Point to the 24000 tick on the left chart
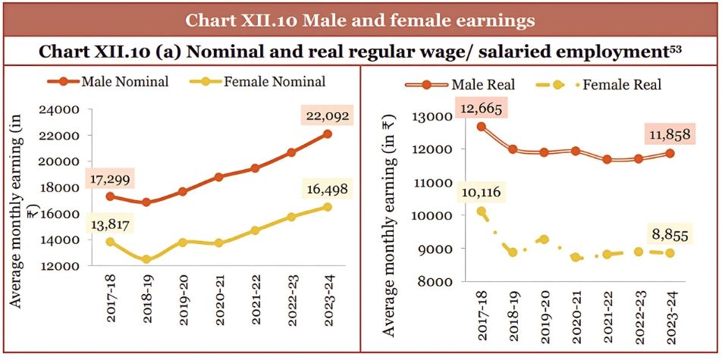(61, 109)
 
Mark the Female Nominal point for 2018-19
(147, 260)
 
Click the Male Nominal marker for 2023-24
(328, 134)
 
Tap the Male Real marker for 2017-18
(482, 127)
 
